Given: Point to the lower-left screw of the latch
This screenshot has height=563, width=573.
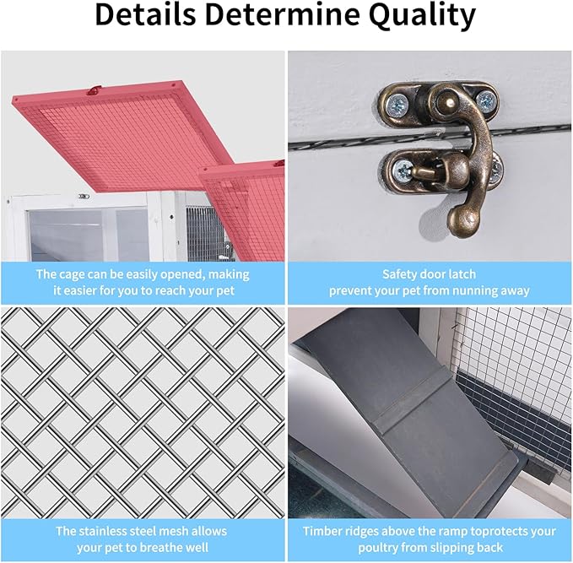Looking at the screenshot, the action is [403, 171].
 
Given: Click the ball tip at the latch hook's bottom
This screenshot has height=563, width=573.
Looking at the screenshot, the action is [462, 219].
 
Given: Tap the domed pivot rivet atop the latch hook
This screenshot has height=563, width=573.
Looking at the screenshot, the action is [446, 97].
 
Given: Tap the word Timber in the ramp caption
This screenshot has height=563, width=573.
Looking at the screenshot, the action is [321, 531].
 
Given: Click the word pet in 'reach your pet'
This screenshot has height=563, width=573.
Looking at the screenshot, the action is [225, 292].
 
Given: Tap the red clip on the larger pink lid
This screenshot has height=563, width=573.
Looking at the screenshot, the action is [95, 89].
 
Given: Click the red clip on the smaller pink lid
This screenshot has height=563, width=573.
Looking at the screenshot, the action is [279, 164].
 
